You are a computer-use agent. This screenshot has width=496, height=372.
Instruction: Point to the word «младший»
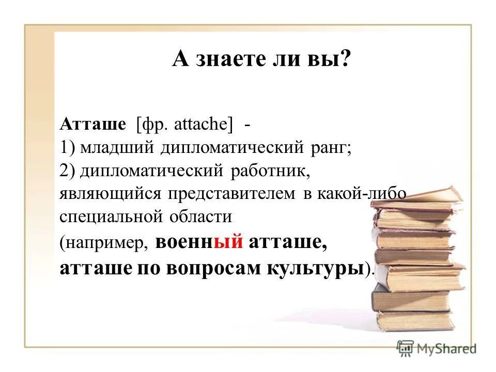point(118,148)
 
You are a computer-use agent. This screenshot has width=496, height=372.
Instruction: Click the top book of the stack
point(416,197)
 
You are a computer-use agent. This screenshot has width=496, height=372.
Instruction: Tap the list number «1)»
point(68,148)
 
